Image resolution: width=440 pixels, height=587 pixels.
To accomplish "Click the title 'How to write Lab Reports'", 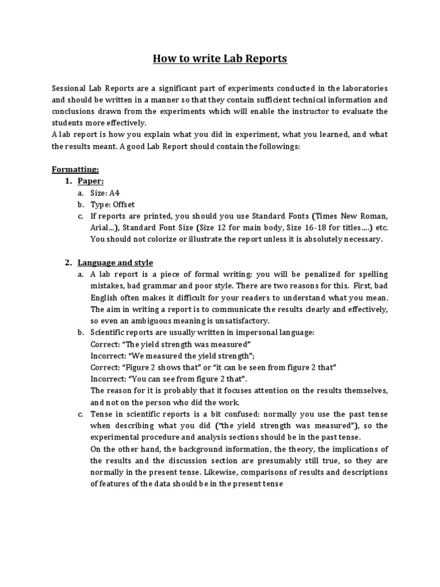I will click(x=220, y=58).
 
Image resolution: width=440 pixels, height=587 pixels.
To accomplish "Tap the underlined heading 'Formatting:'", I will click(x=75, y=170).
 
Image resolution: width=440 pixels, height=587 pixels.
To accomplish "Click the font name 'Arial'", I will click(x=101, y=228).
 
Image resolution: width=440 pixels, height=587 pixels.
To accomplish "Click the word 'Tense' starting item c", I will click(x=102, y=414).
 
